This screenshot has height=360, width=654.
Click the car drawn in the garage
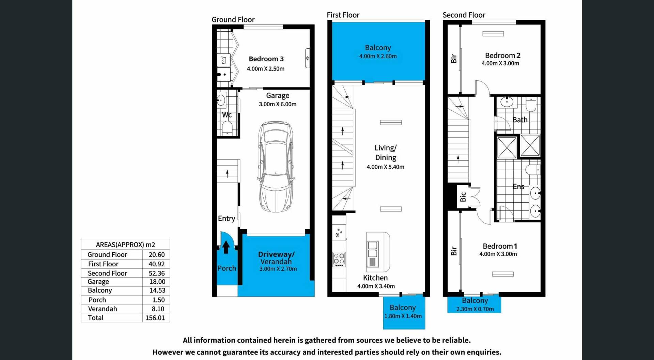click(276, 167)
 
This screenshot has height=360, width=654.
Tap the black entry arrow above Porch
click(226, 247)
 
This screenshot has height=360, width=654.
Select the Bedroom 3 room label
click(266, 59)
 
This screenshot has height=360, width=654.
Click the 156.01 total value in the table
click(155, 318)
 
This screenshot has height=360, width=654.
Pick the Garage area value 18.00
click(157, 282)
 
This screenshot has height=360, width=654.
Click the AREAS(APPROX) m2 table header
click(125, 245)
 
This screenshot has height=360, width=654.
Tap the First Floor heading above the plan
click(343, 15)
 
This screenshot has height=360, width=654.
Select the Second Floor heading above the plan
click(464, 15)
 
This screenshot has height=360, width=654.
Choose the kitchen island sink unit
click(373, 254)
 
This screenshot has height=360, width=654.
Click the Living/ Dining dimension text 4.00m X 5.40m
click(385, 167)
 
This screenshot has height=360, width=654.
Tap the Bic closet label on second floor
click(463, 197)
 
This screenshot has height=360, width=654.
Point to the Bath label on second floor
click(520, 120)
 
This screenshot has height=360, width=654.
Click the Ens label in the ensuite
click(518, 186)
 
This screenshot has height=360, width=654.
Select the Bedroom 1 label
click(500, 246)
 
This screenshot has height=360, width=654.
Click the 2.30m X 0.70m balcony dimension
click(475, 309)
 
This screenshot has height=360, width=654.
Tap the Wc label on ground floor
click(227, 115)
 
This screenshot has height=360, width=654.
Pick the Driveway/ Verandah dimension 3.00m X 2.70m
click(278, 269)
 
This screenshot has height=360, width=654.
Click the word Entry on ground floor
click(227, 218)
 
